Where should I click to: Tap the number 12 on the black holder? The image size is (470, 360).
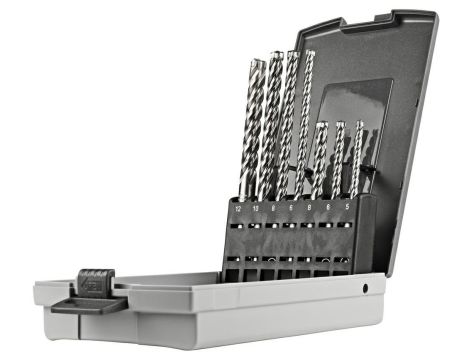(238, 209)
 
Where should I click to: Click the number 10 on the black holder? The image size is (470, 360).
(255, 209)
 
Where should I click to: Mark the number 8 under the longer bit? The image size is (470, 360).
(273, 208)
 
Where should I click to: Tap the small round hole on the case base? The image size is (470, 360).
(365, 288)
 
